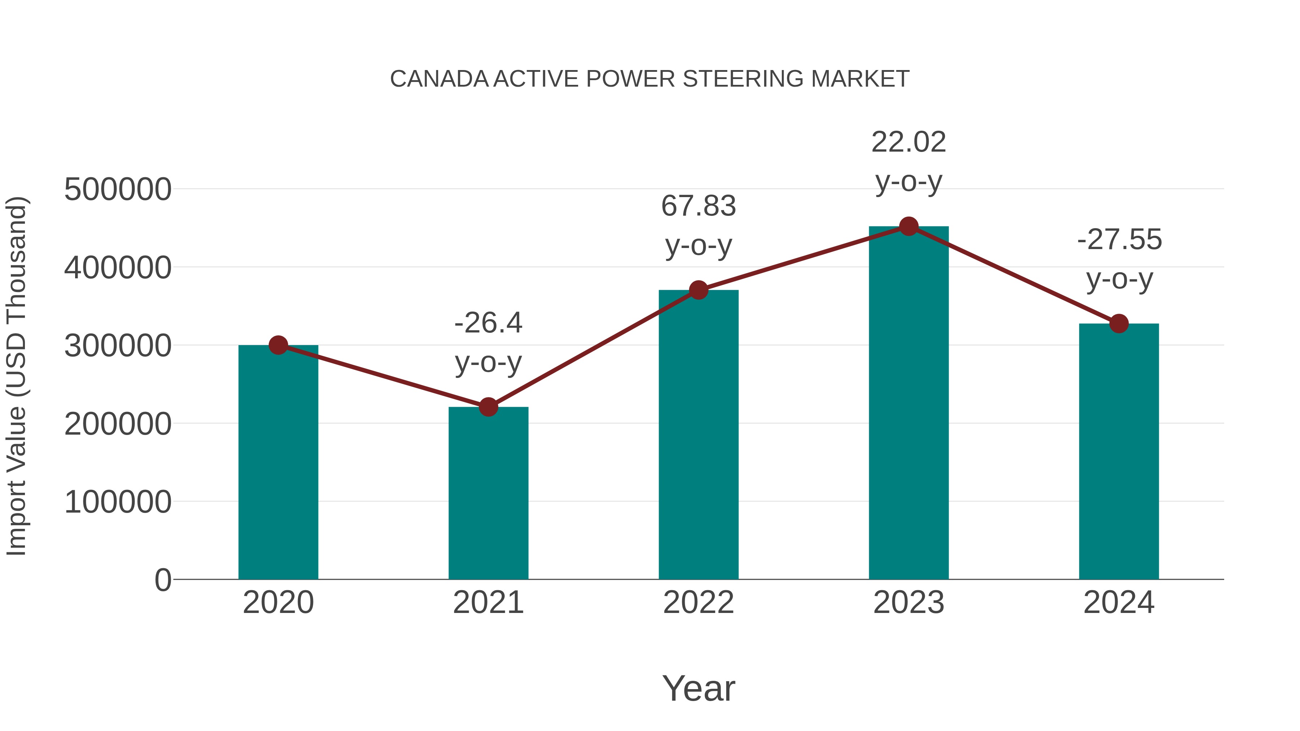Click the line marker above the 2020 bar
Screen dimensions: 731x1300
coord(278,345)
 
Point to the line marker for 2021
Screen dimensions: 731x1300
coord(488,406)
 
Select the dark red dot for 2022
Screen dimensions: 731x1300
coord(698,290)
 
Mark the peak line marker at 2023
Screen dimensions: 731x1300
coord(909,226)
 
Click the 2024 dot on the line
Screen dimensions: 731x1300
coord(1119,323)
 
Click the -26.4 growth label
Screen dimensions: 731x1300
coord(488,323)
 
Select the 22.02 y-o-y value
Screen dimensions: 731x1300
coord(909,142)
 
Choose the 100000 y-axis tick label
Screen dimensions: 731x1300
coord(118,502)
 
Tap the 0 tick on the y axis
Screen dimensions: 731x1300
coord(162,580)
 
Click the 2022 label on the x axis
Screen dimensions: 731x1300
coord(698,602)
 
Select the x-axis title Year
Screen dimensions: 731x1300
coord(698,688)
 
